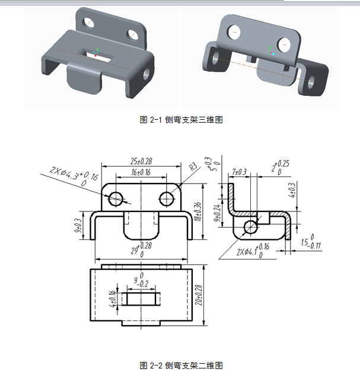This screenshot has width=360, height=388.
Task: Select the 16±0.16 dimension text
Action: (141, 172)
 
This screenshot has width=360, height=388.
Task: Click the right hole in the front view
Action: (167, 198)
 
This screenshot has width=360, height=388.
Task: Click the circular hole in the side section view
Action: (251, 226)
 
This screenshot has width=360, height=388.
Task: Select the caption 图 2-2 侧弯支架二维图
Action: (181, 365)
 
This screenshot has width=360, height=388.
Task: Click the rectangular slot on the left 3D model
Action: (98, 54)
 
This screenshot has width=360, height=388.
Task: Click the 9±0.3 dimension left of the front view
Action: (78, 225)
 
